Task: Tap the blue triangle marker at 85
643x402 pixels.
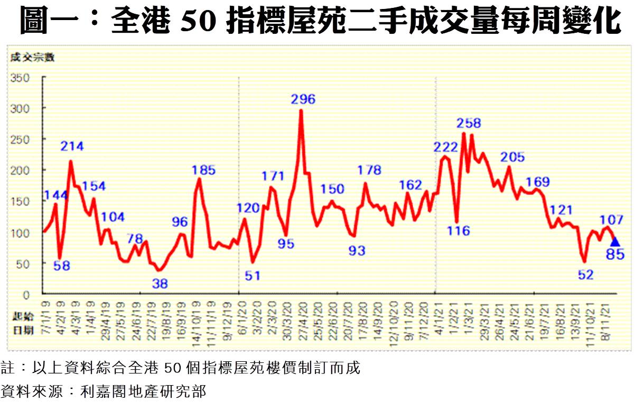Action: (x=615, y=242)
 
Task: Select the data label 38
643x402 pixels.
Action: (x=160, y=284)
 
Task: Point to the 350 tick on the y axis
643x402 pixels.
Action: (x=22, y=78)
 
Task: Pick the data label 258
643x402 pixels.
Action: (x=469, y=123)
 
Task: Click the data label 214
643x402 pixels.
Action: (x=72, y=146)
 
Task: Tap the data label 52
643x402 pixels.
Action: (x=586, y=274)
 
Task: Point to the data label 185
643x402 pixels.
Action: (x=203, y=170)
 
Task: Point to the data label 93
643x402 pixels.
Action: (x=357, y=251)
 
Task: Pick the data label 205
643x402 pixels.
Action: (x=512, y=157)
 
